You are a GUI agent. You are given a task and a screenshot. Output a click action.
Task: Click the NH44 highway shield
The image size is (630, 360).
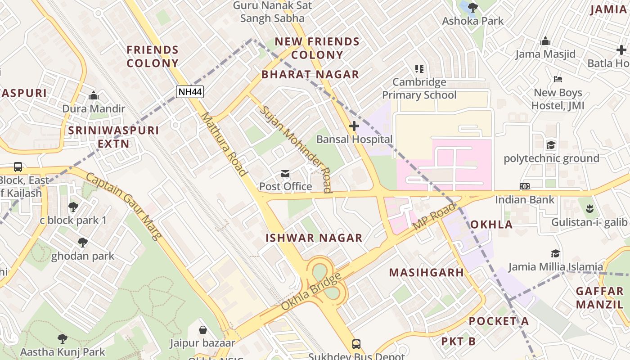pyautogui.click(x=190, y=92)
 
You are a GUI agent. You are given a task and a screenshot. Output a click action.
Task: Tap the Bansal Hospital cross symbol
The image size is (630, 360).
pyautogui.click(x=354, y=126)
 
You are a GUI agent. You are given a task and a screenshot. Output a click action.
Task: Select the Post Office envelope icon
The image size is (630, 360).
pyautogui.click(x=285, y=174)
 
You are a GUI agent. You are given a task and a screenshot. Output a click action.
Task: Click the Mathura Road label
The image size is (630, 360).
pyautogui.click(x=224, y=144)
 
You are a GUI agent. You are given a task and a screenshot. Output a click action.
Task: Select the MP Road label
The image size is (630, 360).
pyautogui.click(x=434, y=216)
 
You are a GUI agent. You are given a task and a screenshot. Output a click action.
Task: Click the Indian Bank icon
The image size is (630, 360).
pyautogui.click(x=524, y=186)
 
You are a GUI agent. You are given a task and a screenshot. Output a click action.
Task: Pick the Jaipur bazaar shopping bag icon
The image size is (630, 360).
pyautogui.click(x=203, y=330)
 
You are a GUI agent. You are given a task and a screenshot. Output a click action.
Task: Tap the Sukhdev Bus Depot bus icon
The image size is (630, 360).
pyautogui.click(x=356, y=344)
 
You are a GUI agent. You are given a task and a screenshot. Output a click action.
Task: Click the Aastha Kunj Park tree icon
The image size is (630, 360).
pyautogui.click(x=63, y=339)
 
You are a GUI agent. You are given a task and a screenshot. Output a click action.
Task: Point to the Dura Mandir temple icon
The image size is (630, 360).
pyautogui.click(x=94, y=96)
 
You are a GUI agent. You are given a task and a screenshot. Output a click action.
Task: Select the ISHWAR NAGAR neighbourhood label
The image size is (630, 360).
pyautogui.click(x=314, y=238)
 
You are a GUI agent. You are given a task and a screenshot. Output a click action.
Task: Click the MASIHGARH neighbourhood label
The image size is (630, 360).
pyautogui.click(x=426, y=272)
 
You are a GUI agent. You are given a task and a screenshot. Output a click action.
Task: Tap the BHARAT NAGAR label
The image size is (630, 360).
pyautogui.click(x=310, y=75)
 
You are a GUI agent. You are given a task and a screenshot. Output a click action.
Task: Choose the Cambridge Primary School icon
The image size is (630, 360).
pyautogui.click(x=419, y=69)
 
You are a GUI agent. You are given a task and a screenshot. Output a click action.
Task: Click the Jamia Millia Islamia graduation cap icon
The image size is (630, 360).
pyautogui.click(x=555, y=254)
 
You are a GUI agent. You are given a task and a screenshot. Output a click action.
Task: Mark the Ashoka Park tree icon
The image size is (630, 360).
pyautogui.click(x=472, y=8)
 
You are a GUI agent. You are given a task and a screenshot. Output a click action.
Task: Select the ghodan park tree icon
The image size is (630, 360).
pyautogui.click(x=82, y=243)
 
